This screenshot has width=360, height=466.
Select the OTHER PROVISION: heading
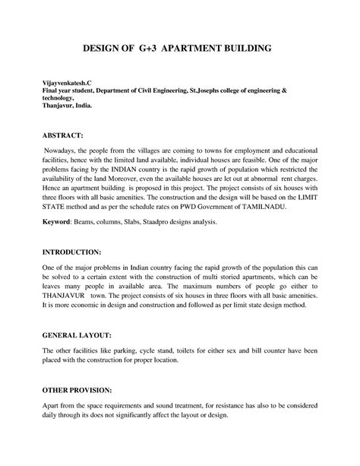pyautogui.click(x=68, y=388)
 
